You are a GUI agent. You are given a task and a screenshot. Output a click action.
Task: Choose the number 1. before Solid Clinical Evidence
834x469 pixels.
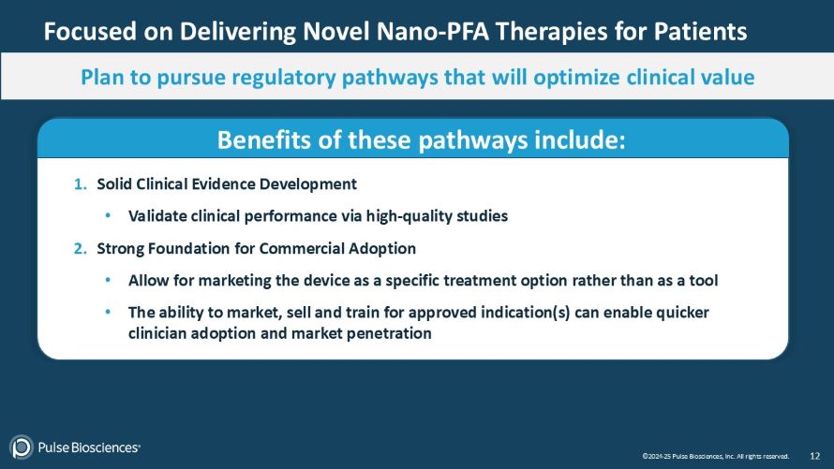(82, 183)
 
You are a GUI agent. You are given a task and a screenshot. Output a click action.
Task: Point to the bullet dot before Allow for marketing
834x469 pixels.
(109, 281)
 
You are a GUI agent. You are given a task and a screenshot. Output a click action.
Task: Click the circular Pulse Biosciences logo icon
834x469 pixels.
(22, 447)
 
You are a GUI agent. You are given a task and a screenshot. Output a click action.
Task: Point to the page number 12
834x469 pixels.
(814, 456)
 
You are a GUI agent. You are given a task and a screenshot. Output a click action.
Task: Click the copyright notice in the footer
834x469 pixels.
(715, 457)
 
